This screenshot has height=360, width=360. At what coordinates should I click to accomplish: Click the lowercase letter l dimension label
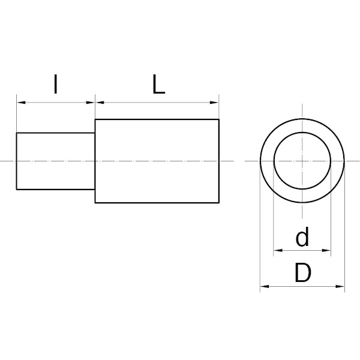click(55, 84)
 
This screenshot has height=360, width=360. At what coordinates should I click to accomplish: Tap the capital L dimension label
click(158, 84)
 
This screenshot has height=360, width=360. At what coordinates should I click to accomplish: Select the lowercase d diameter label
click(302, 237)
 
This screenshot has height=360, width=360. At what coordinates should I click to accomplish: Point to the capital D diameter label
click(303, 272)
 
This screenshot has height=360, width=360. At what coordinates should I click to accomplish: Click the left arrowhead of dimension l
click(21, 103)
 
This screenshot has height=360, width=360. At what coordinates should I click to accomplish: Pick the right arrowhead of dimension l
click(91, 103)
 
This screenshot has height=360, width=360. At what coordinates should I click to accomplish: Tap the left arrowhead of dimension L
click(100, 103)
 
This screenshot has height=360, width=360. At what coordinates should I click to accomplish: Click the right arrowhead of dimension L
click(214, 103)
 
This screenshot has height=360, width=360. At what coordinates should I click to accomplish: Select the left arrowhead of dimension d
click(278, 250)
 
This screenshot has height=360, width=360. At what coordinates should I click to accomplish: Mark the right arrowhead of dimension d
click(326, 250)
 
